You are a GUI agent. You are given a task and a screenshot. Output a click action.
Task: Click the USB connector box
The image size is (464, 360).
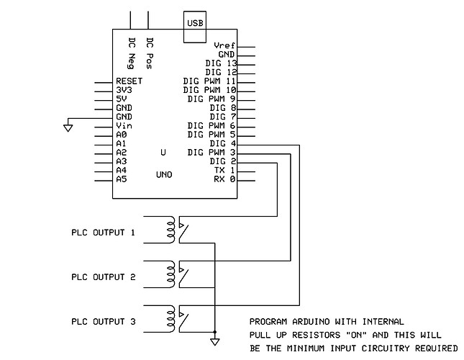pyautogui.click(x=195, y=22)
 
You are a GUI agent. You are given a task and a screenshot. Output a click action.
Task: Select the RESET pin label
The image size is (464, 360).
pyautogui.click(x=129, y=81)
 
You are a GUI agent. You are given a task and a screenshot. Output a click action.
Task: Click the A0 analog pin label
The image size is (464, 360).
pyautogui.click(x=121, y=135)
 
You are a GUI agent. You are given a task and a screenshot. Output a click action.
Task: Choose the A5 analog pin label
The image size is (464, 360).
pyautogui.click(x=121, y=179)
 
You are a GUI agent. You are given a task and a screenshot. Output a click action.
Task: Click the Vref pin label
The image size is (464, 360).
pyautogui.click(x=224, y=46)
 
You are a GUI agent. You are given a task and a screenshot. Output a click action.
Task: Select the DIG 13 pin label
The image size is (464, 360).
pyautogui.click(x=221, y=63)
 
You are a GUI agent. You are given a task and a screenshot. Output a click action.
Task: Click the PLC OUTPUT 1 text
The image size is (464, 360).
pyautogui.click(x=103, y=233)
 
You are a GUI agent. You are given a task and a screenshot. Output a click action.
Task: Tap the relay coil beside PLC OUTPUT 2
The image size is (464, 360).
pyautogui.click(x=171, y=275)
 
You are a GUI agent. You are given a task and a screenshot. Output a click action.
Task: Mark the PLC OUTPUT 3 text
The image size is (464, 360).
pyautogui.click(x=103, y=321)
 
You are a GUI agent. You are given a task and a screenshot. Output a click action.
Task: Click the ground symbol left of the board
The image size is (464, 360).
pyautogui.click(x=68, y=127)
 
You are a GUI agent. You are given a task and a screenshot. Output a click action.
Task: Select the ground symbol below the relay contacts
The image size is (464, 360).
pyautogui.click(x=214, y=341)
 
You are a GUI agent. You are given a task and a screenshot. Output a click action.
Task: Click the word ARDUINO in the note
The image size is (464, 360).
pyautogui.click(x=309, y=321)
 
